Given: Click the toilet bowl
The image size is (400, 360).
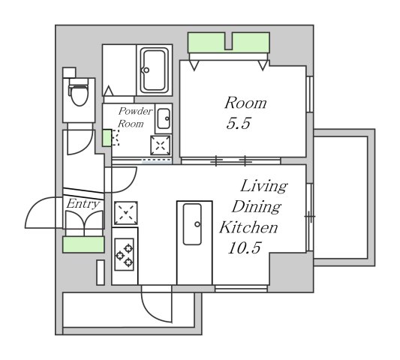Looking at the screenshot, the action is coord(79,93).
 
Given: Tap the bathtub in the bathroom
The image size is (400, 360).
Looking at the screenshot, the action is coord(154,70).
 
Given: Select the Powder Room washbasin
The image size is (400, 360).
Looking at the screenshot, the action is coord(164,118).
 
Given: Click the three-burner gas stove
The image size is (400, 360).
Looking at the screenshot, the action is coord(125,254).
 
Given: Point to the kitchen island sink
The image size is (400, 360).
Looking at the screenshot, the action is coord(192,224).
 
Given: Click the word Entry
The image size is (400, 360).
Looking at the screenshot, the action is coord(83,204).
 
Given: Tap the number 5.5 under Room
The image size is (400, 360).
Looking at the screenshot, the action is coord(239,124).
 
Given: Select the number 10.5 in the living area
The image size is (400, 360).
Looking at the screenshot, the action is coord(245,247).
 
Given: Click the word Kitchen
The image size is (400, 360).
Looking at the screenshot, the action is coord(248,227).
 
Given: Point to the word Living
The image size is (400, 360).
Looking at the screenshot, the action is coord(264,186).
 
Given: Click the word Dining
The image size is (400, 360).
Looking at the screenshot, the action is coord(257,207).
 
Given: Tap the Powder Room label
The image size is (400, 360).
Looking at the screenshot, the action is coord(135,118).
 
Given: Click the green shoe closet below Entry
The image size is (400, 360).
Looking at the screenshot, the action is coord(83,244).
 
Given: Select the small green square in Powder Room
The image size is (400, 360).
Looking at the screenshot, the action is coord(107,138).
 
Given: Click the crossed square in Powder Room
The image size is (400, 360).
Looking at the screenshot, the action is coord(161,145).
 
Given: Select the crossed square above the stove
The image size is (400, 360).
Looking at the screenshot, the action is coord(126,213).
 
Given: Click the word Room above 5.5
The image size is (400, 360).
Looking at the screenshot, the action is coord(245,103).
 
